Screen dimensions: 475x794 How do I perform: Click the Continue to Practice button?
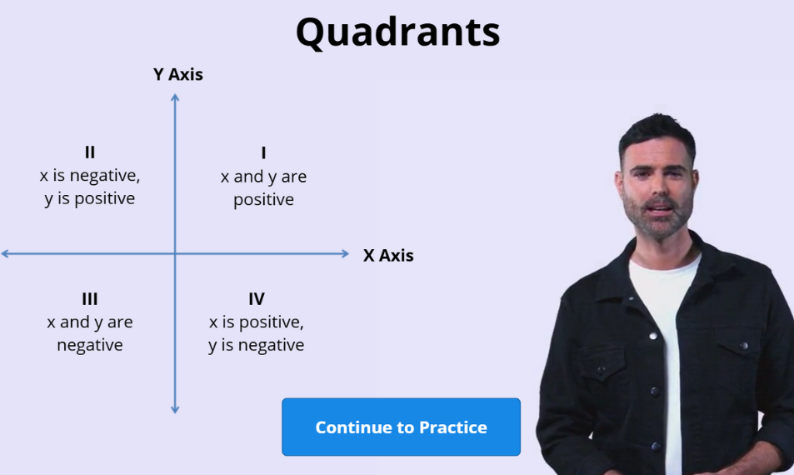[x=401, y=427]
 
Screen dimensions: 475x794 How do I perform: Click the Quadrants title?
[x=397, y=32]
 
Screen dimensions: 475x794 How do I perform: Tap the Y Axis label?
[x=177, y=74]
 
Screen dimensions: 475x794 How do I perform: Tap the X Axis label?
[x=388, y=256]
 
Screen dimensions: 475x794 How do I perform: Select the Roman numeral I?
[x=263, y=153]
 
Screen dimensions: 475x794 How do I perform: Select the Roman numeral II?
[x=90, y=152]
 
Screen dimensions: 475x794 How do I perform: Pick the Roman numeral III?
[x=90, y=299]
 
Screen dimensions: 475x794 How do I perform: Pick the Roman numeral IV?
[x=256, y=299]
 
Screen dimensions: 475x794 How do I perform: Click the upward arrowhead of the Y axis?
[x=175, y=98]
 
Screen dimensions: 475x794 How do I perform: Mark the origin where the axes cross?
[x=175, y=253]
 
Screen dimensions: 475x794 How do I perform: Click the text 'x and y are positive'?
[x=263, y=188]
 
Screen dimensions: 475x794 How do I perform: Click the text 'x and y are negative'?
[x=90, y=333]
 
